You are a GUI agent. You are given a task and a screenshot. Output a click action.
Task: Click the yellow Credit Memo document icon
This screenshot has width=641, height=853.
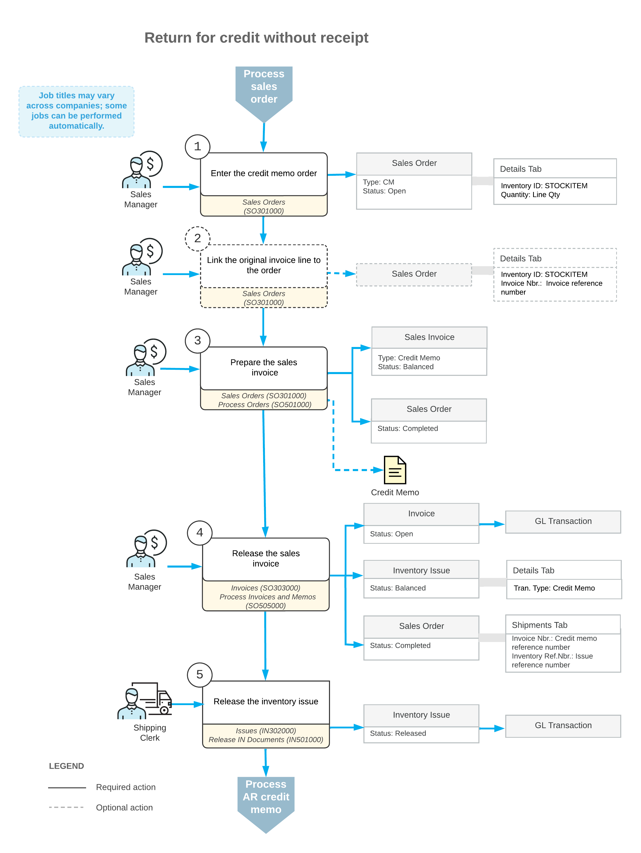[395, 470]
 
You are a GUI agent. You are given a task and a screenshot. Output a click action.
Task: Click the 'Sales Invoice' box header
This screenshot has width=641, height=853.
[429, 337]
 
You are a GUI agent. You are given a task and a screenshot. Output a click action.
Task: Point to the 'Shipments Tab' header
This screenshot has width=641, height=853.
[563, 625]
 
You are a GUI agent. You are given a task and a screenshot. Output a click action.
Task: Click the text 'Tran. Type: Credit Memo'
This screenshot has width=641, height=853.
[554, 588]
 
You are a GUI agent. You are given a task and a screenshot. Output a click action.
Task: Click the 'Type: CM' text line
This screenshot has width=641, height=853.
[378, 182]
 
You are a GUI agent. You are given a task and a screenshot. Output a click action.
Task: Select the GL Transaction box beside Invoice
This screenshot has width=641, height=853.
[563, 522]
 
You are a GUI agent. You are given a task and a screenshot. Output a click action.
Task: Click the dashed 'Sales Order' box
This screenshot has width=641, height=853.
[414, 274]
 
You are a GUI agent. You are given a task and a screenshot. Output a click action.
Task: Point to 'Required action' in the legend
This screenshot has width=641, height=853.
[126, 787]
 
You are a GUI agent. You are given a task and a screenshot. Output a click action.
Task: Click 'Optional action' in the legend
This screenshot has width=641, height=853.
[124, 807]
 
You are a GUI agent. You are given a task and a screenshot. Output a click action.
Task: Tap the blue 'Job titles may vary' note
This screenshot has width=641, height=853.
[76, 111]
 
